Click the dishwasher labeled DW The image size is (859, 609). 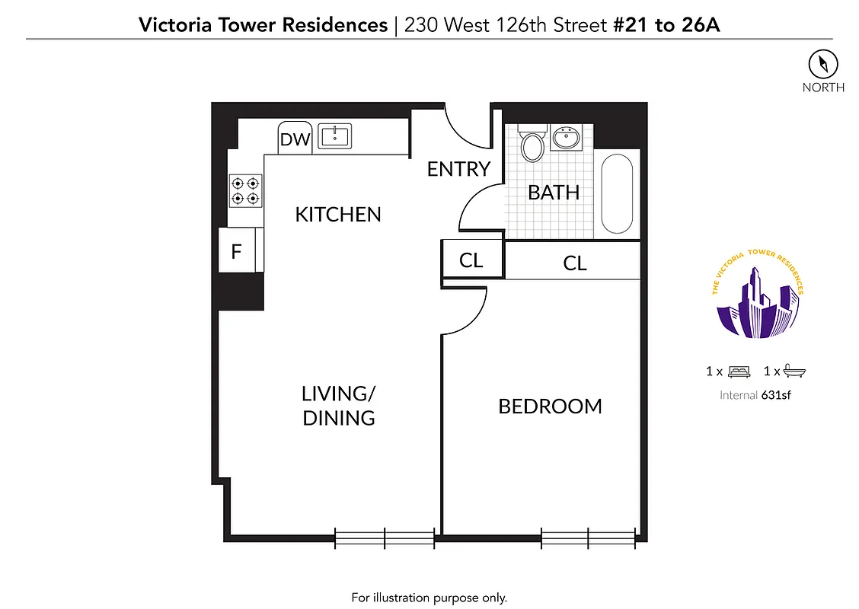click(295, 139)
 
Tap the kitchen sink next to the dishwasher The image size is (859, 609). click(334, 136)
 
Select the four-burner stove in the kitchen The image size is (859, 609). click(246, 191)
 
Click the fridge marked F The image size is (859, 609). click(237, 251)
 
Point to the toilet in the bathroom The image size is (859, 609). click(532, 144)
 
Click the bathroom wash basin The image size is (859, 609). click(565, 139)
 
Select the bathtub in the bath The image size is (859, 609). click(617, 195)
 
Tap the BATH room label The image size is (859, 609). click(554, 193)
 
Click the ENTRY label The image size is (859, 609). click(458, 169)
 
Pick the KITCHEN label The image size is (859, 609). click(338, 215)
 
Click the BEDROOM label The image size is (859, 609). click(550, 407)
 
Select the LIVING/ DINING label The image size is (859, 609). click(339, 406)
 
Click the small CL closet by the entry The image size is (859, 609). click(471, 260)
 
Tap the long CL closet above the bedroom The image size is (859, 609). click(575, 263)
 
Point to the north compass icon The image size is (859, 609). click(822, 62)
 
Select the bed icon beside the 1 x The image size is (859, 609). click(739, 371)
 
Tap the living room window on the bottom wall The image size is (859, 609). click(385, 538)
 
